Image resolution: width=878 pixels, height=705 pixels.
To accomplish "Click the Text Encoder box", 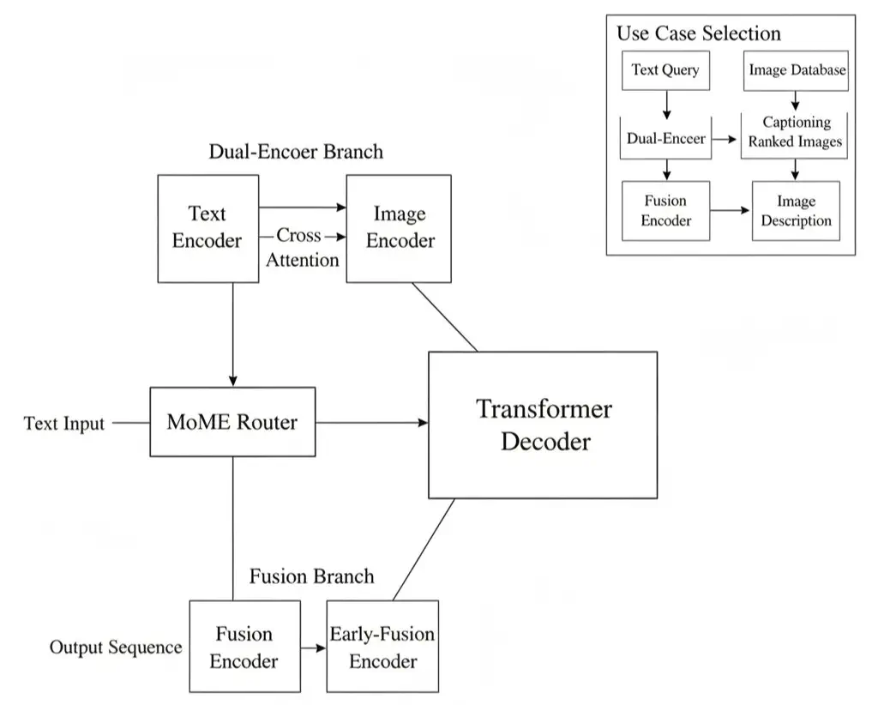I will (207, 228).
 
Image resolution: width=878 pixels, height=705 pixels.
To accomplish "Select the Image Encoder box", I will (399, 228).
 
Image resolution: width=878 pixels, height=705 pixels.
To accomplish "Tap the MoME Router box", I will (232, 422).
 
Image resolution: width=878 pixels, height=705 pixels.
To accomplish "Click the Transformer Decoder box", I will (543, 425).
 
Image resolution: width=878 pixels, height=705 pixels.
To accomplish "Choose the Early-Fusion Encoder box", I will (382, 648).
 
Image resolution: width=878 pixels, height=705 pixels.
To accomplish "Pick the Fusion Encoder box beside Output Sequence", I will (244, 647).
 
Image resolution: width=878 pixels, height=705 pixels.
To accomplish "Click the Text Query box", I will (665, 70).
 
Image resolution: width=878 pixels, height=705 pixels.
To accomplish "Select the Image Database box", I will (797, 70).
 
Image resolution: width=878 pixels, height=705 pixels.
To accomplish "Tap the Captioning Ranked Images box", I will (795, 133).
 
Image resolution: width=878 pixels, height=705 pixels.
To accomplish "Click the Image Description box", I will (796, 211).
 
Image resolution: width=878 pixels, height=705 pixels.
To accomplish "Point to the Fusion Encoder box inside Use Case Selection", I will (666, 211).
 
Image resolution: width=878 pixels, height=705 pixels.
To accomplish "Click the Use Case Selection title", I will (699, 33).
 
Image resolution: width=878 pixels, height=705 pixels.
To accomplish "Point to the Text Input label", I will (64, 424).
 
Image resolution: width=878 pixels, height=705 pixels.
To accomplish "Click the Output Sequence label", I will (116, 648).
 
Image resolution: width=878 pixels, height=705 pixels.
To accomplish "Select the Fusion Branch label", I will (311, 576).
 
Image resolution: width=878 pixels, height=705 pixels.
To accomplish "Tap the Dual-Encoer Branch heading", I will (296, 152).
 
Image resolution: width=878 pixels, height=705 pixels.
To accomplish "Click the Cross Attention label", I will (300, 247).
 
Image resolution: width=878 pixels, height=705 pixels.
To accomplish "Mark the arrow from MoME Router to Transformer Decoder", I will (371, 422).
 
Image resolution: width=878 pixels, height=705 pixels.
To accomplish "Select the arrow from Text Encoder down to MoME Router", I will (232, 334).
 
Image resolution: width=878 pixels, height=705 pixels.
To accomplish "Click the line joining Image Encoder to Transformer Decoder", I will (445, 316).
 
